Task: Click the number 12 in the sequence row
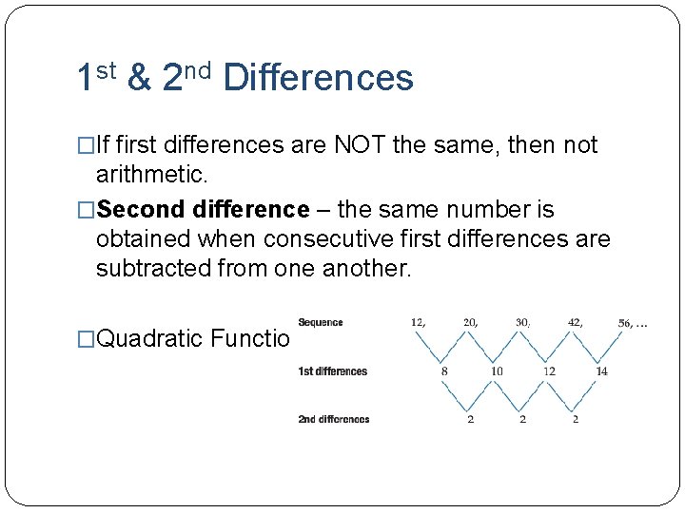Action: pos(418,322)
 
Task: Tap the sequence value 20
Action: pos(470,322)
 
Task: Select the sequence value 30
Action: pos(522,322)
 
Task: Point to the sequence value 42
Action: pos(574,322)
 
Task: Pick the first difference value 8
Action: pos(444,370)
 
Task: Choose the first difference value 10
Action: pos(497,370)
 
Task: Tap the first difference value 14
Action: pos(601,370)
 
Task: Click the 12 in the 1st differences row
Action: pos(549,370)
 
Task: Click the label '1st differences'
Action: pos(332,370)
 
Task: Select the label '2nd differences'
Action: pos(333,419)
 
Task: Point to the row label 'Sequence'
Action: pos(321,323)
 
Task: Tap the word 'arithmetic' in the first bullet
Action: pos(148,175)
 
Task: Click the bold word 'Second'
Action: pos(140,209)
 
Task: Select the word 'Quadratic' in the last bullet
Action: pos(150,339)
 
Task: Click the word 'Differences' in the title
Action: pos(318,78)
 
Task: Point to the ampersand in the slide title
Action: pos(139,78)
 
